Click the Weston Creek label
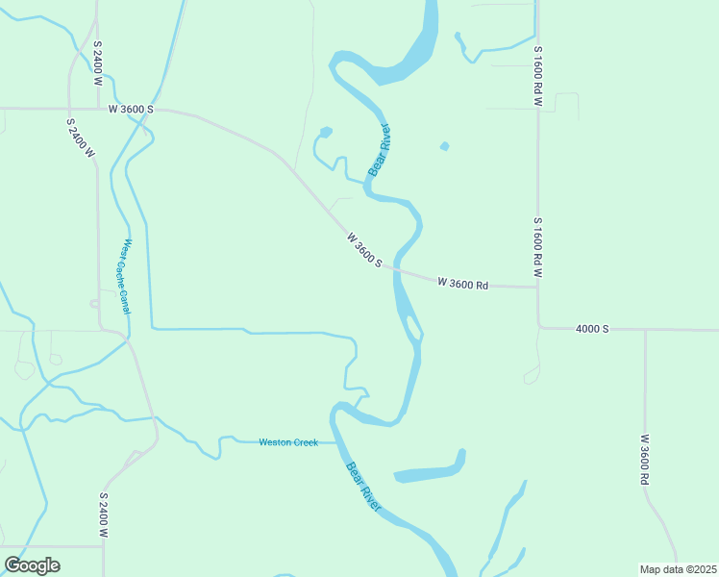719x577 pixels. [288, 442]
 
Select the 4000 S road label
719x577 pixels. [592, 329]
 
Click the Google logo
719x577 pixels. [32, 565]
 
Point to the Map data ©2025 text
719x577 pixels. [679, 569]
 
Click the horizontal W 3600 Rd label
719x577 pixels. [463, 284]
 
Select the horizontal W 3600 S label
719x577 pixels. [131, 110]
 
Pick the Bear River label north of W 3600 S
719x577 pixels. [379, 150]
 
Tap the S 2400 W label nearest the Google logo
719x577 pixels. [103, 515]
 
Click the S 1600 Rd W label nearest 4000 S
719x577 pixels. [538, 247]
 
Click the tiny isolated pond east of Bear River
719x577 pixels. [443, 146]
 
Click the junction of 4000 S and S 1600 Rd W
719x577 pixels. [538, 327]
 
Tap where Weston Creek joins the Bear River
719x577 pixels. [336, 442]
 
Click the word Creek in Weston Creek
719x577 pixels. [304, 442]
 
